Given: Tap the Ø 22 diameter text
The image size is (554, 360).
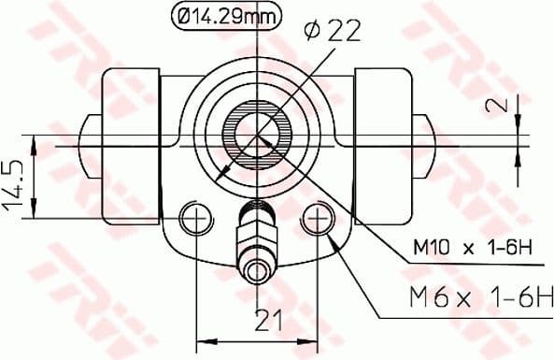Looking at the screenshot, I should [332, 32].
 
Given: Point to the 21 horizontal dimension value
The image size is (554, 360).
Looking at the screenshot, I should [268, 322].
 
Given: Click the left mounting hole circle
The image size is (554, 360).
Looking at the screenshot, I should [195, 219].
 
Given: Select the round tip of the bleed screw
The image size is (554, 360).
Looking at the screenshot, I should [257, 272].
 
